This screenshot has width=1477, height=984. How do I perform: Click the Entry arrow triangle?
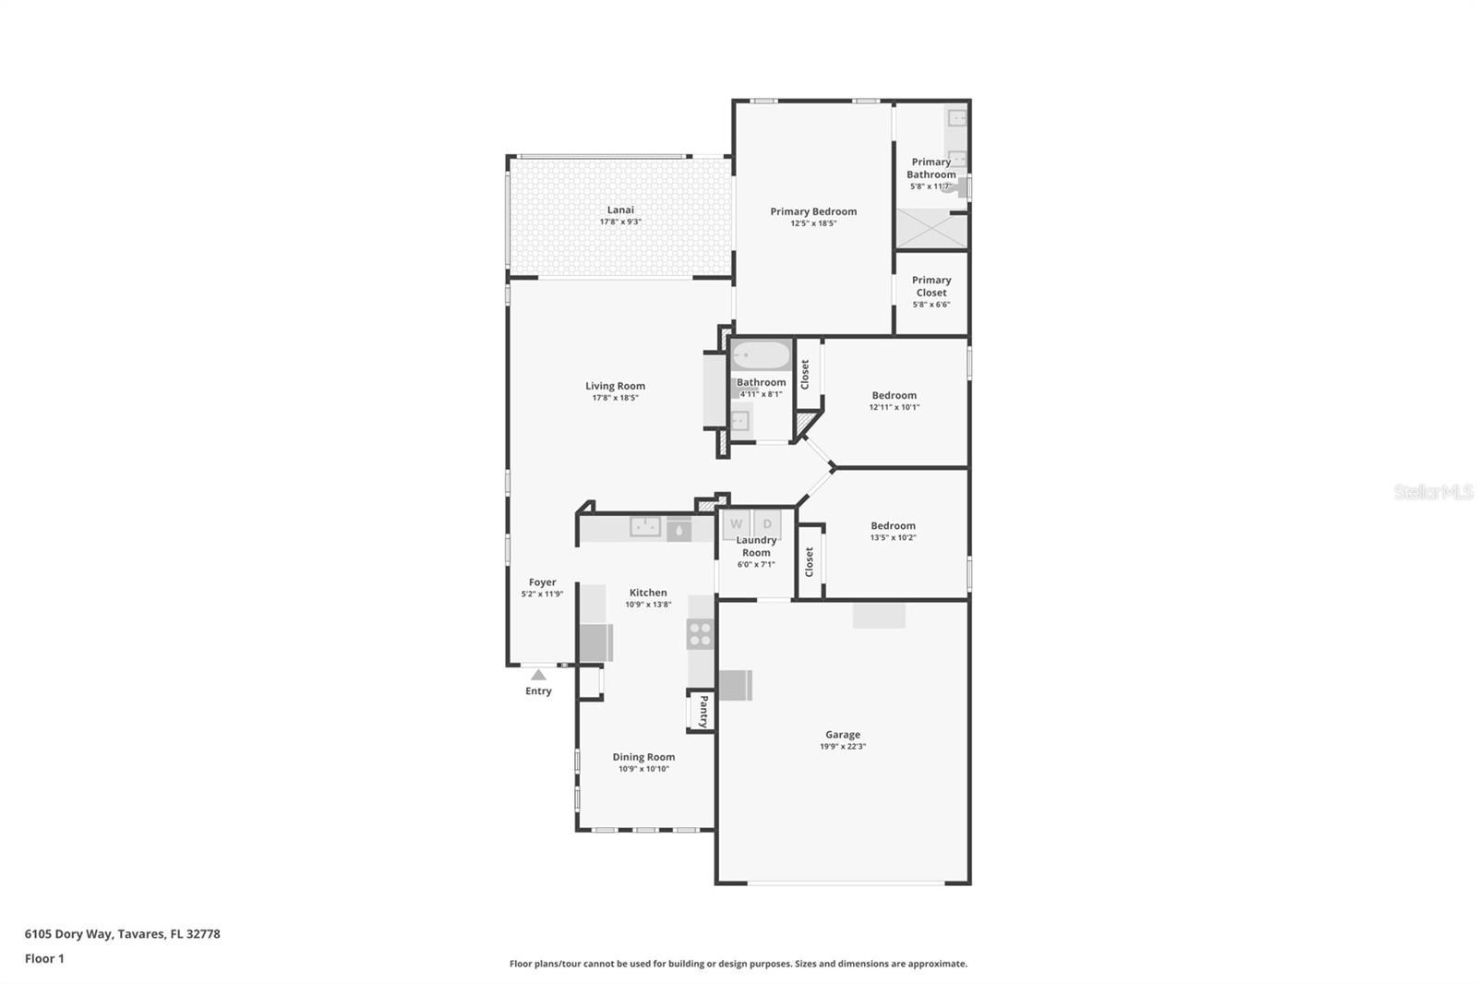538,675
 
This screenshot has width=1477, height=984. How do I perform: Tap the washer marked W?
737,524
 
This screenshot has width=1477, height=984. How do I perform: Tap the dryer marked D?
767,524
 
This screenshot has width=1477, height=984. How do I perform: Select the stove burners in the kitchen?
700,634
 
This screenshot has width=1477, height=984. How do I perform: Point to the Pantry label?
702,711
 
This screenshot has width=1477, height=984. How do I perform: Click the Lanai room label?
620,210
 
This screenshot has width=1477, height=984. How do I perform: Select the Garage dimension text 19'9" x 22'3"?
843,747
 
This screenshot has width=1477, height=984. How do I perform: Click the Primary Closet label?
931,286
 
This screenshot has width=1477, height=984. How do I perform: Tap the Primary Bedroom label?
813,211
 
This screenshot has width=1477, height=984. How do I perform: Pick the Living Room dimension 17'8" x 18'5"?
615,398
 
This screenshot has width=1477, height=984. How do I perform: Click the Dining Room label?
643,757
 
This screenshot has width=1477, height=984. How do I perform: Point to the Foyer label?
543,582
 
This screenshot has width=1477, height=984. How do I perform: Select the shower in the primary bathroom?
931,229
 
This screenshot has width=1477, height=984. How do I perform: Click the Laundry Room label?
756,546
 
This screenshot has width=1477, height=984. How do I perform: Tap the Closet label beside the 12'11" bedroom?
805,374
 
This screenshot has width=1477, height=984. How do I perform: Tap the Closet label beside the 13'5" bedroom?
810,561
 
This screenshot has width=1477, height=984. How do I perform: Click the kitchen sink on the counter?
645,527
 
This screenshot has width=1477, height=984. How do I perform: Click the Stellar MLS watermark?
1433,492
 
